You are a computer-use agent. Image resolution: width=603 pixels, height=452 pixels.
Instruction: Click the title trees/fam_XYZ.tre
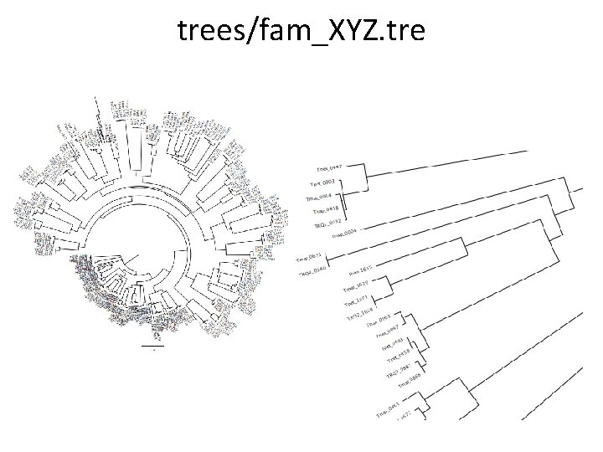301,31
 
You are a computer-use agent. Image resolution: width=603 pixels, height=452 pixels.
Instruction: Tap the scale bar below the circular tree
153,345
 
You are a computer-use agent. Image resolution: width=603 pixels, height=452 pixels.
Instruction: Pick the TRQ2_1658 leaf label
361,316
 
